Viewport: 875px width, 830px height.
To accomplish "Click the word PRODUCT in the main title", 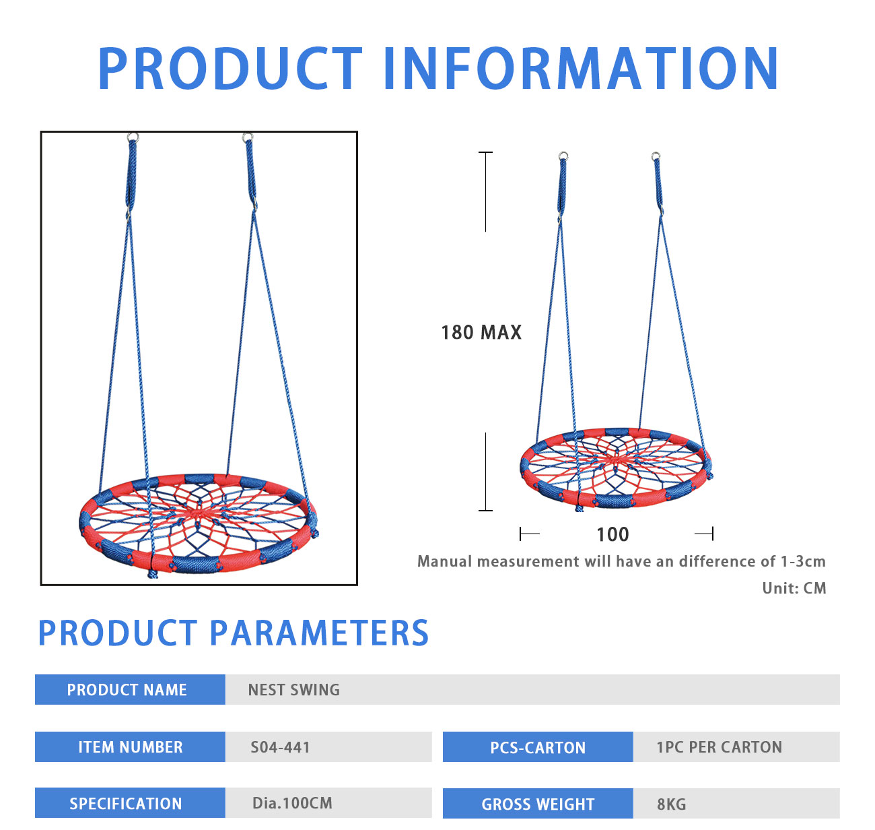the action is [230, 68].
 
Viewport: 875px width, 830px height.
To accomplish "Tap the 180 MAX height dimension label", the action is [481, 332].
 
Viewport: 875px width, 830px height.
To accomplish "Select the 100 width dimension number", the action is [612, 534].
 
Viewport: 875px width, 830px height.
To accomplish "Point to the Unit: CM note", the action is [794, 588].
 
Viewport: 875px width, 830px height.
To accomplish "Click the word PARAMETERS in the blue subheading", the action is [318, 633].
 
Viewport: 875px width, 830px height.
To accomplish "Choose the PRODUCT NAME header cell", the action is [130, 690].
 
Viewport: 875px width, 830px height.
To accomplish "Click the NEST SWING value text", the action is [293, 690].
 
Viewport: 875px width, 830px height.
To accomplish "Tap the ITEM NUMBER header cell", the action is [130, 746].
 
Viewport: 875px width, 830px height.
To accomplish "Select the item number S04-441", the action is [281, 747].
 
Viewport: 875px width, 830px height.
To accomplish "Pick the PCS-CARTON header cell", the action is [538, 747].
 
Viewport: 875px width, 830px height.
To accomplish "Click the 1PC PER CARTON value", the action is [720, 747].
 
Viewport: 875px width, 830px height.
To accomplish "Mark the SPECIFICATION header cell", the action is [130, 803].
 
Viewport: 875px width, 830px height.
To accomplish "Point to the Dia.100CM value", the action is [292, 803].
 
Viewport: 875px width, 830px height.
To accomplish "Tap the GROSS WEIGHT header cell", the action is [538, 804].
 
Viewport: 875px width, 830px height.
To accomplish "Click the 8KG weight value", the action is [671, 804].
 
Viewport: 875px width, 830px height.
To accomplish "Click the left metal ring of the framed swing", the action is [133, 137].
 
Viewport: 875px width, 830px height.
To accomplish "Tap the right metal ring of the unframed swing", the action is [655, 156].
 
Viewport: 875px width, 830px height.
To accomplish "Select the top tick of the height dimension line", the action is [485, 152].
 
